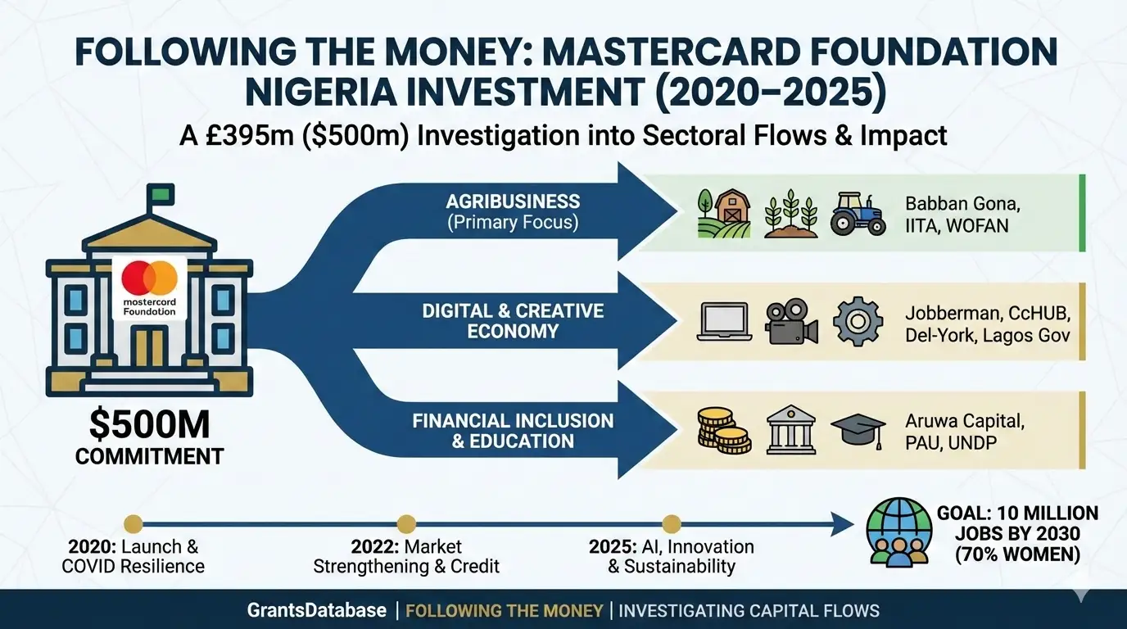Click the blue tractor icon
858,214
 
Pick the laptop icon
725,322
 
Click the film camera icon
791,322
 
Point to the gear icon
858,321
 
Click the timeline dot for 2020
134,524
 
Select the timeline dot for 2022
406,524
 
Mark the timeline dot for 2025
671,524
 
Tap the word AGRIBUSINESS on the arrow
513,201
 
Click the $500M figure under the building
149,425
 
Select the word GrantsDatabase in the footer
316,610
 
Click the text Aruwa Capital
965,421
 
